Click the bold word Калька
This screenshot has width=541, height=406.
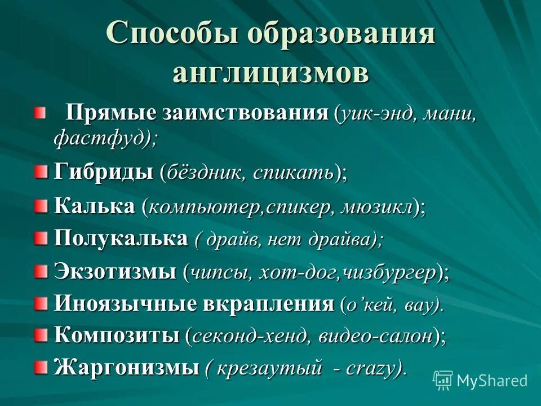click(94, 206)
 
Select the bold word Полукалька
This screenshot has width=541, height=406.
click(121, 239)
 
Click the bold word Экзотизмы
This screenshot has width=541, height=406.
click(115, 272)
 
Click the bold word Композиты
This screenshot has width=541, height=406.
click(117, 336)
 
